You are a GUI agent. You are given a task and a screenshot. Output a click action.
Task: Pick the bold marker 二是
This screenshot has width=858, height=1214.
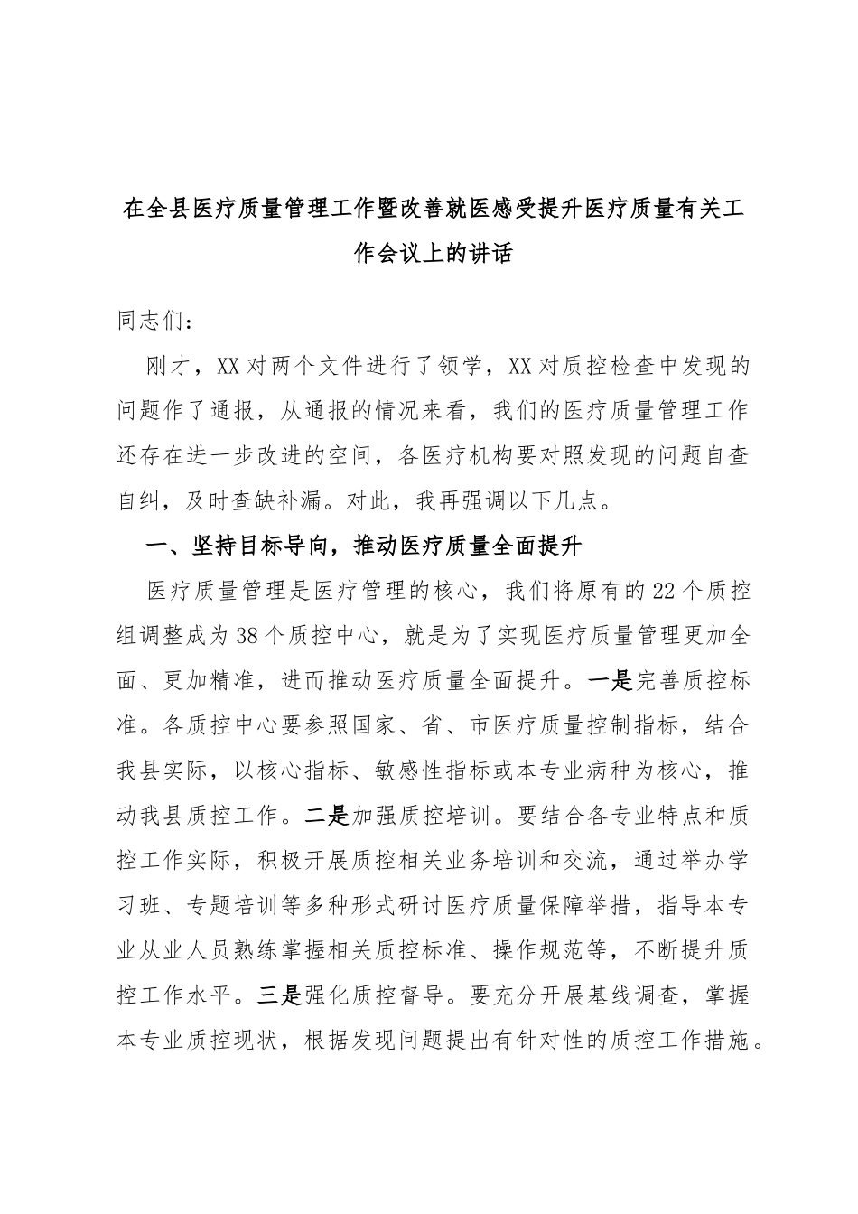click(x=326, y=817)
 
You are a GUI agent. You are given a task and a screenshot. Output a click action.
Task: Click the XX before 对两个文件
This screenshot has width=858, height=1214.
click(x=228, y=367)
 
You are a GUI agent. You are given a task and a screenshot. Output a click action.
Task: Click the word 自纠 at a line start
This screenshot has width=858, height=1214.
click(x=141, y=501)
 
